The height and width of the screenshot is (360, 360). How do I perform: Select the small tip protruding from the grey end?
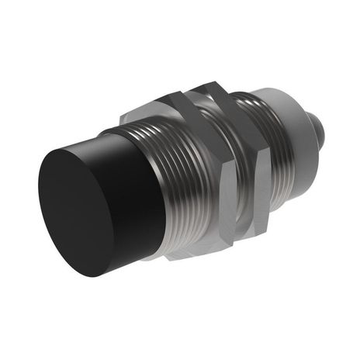(x=320, y=124)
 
